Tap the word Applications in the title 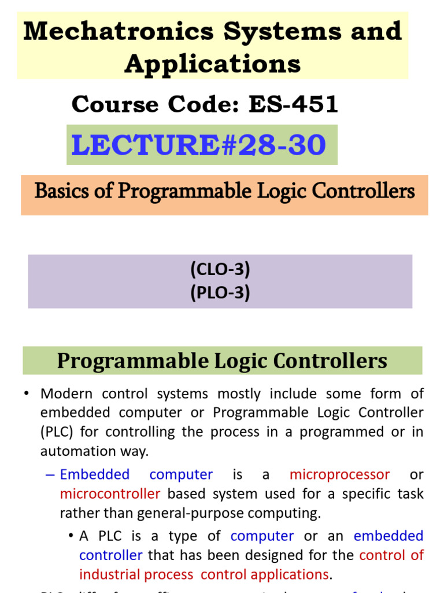212,64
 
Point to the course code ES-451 293,105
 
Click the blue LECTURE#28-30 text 198,145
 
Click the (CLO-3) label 220,270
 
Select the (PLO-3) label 220,293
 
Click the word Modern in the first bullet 66,394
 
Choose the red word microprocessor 339,475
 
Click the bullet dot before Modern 27,394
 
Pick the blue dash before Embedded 50,475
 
